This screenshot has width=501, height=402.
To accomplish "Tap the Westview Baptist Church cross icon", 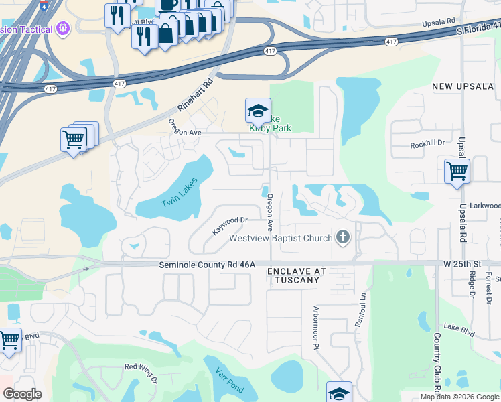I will (x=344, y=237).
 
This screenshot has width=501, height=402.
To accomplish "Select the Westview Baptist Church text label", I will (x=281, y=238).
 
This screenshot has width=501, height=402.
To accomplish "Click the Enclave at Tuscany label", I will (x=297, y=275).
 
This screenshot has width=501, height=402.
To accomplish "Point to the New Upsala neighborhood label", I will (x=463, y=86).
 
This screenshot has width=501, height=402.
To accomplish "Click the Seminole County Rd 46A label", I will (x=208, y=265).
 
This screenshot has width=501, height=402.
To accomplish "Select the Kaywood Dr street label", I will (x=230, y=225).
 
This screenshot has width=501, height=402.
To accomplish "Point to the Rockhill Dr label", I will (x=427, y=143).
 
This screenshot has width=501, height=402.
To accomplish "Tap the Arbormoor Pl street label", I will (x=316, y=327).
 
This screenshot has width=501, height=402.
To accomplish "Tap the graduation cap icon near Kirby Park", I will (x=258, y=110).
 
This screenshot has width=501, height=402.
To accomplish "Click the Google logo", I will (x=22, y=394).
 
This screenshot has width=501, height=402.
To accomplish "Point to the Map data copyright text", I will (x=459, y=397).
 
